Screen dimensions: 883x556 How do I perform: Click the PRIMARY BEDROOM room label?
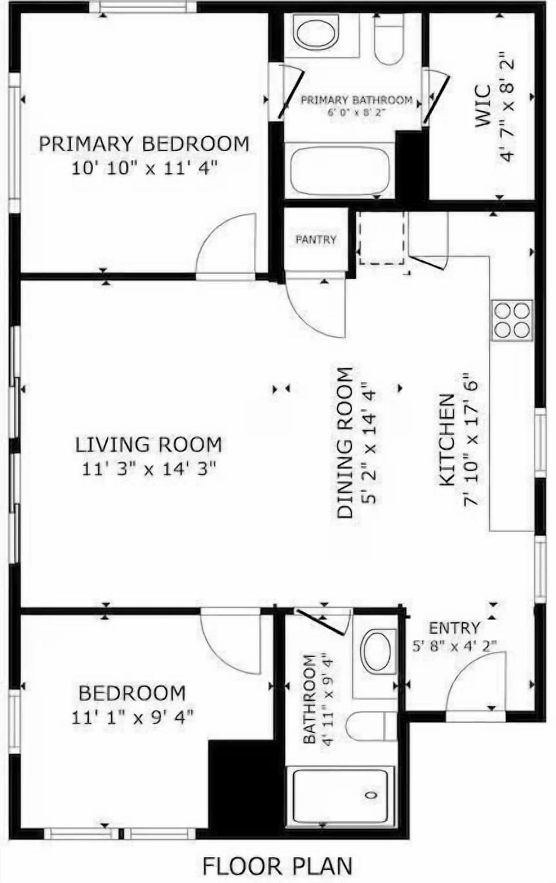[144, 143]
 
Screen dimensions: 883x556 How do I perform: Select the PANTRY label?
[316, 239]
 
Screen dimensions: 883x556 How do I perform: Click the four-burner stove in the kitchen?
[512, 320]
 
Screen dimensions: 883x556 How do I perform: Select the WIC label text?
[482, 107]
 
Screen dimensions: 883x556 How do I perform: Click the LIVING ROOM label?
[149, 444]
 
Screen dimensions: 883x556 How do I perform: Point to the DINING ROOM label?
[345, 443]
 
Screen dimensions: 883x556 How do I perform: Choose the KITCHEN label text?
[447, 440]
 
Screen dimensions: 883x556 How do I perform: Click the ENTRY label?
[454, 628]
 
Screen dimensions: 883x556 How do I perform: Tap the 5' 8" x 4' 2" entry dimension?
[455, 645]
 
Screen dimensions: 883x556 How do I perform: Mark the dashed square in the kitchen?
[382, 238]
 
